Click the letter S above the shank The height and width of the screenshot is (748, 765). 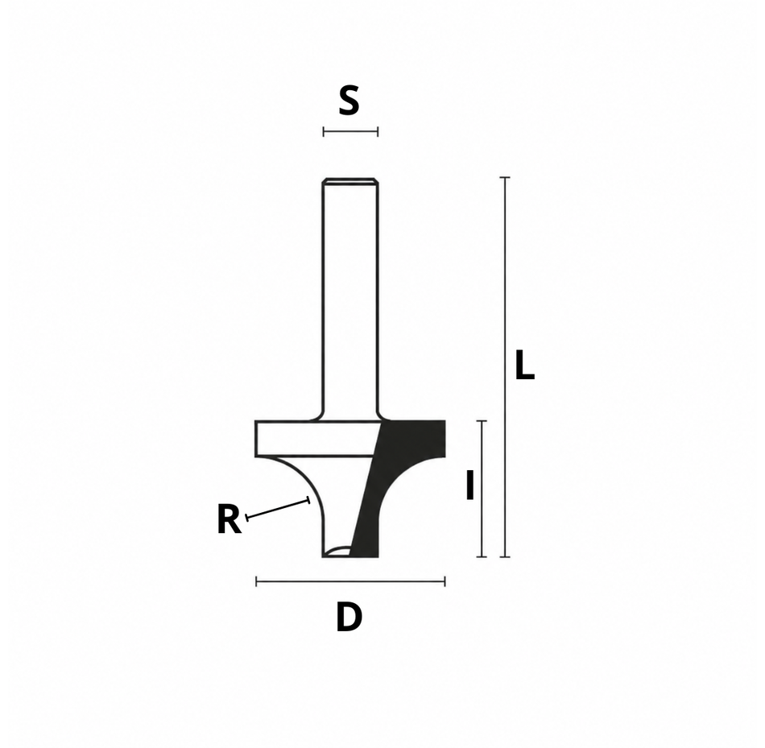(x=349, y=100)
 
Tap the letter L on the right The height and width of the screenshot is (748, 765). (x=525, y=365)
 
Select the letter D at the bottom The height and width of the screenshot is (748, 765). (x=349, y=618)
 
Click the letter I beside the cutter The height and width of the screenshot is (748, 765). (x=470, y=485)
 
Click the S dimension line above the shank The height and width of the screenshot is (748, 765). (x=350, y=131)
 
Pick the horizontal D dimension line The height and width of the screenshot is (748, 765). (x=351, y=581)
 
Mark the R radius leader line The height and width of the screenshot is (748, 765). (x=278, y=508)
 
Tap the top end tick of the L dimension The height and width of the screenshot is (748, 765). (x=505, y=178)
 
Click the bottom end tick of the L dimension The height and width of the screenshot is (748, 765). (x=505, y=556)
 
